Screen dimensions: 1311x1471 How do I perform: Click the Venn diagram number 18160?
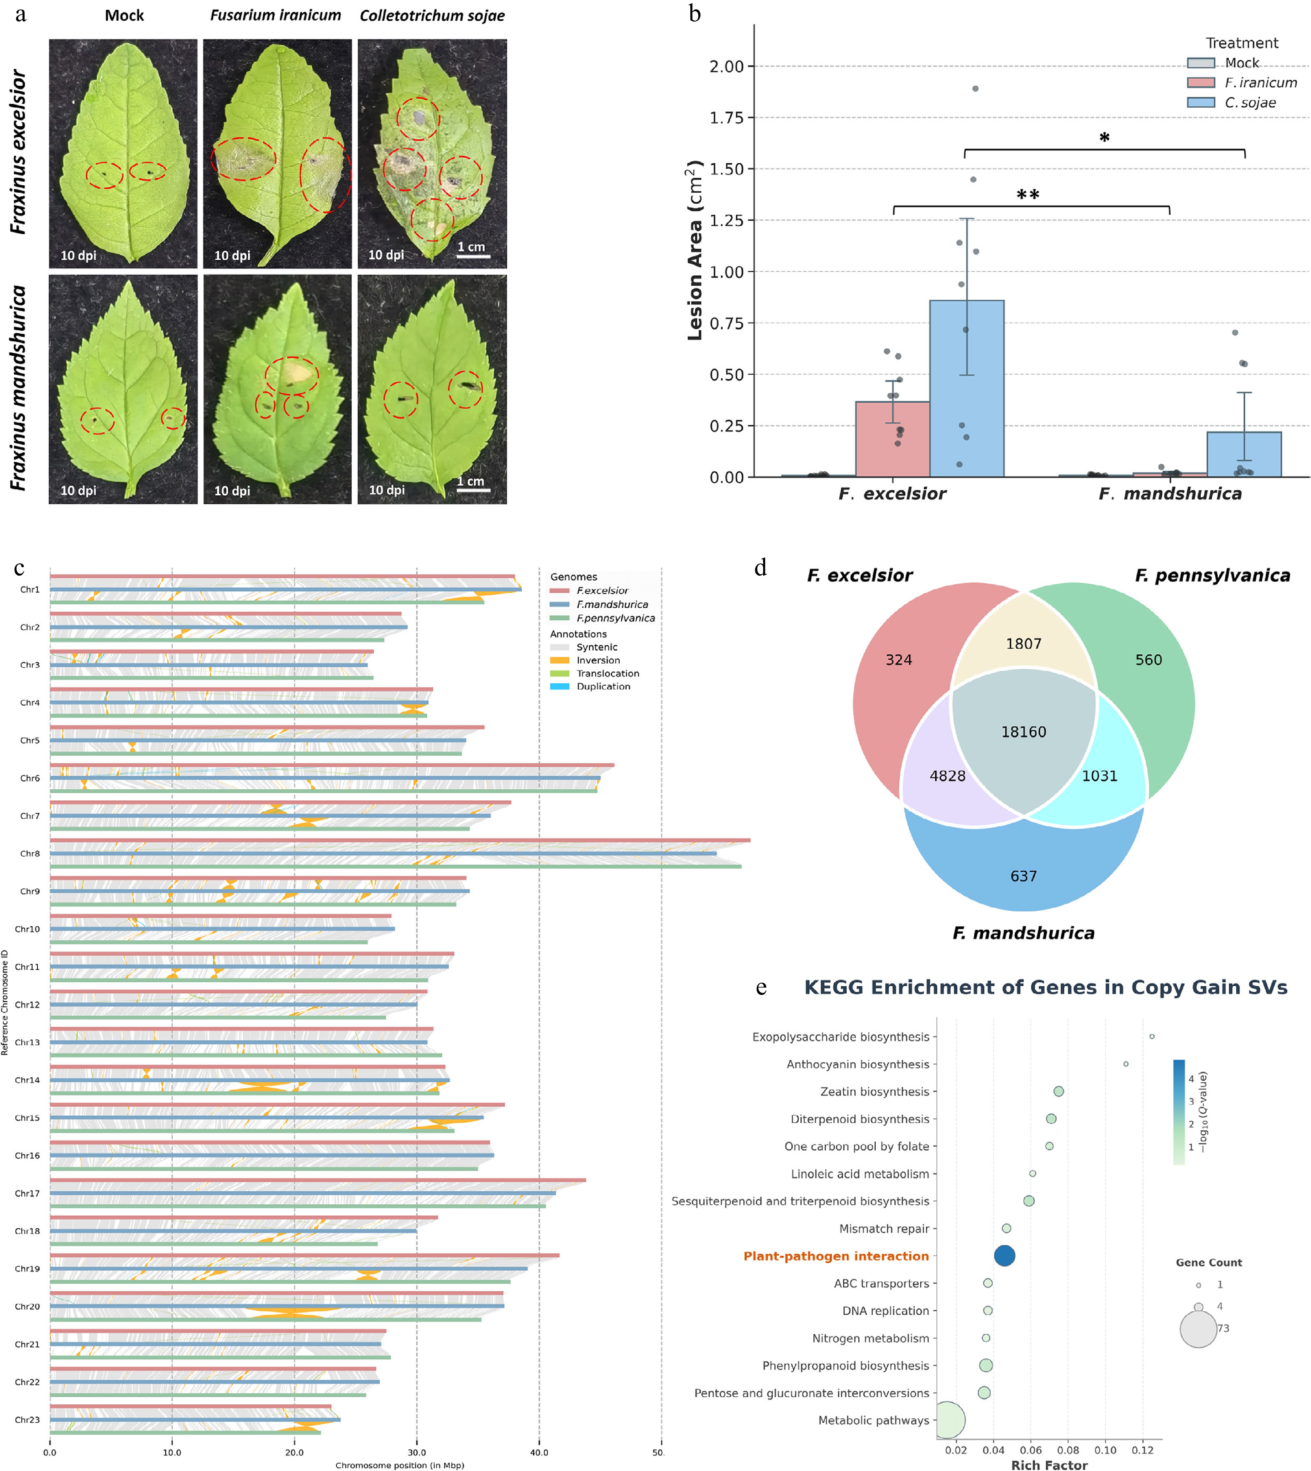(x=1024, y=732)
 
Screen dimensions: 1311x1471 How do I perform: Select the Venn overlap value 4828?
(x=947, y=776)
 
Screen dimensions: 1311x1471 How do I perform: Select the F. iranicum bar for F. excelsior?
(x=893, y=439)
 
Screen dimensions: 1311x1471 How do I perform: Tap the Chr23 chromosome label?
(x=27, y=1419)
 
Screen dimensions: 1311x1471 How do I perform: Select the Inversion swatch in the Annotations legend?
(x=560, y=660)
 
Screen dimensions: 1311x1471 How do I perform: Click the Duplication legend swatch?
(x=560, y=687)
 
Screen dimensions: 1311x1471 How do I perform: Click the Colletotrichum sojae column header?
(x=432, y=16)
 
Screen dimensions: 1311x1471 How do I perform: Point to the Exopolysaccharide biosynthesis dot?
(x=1152, y=1037)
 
